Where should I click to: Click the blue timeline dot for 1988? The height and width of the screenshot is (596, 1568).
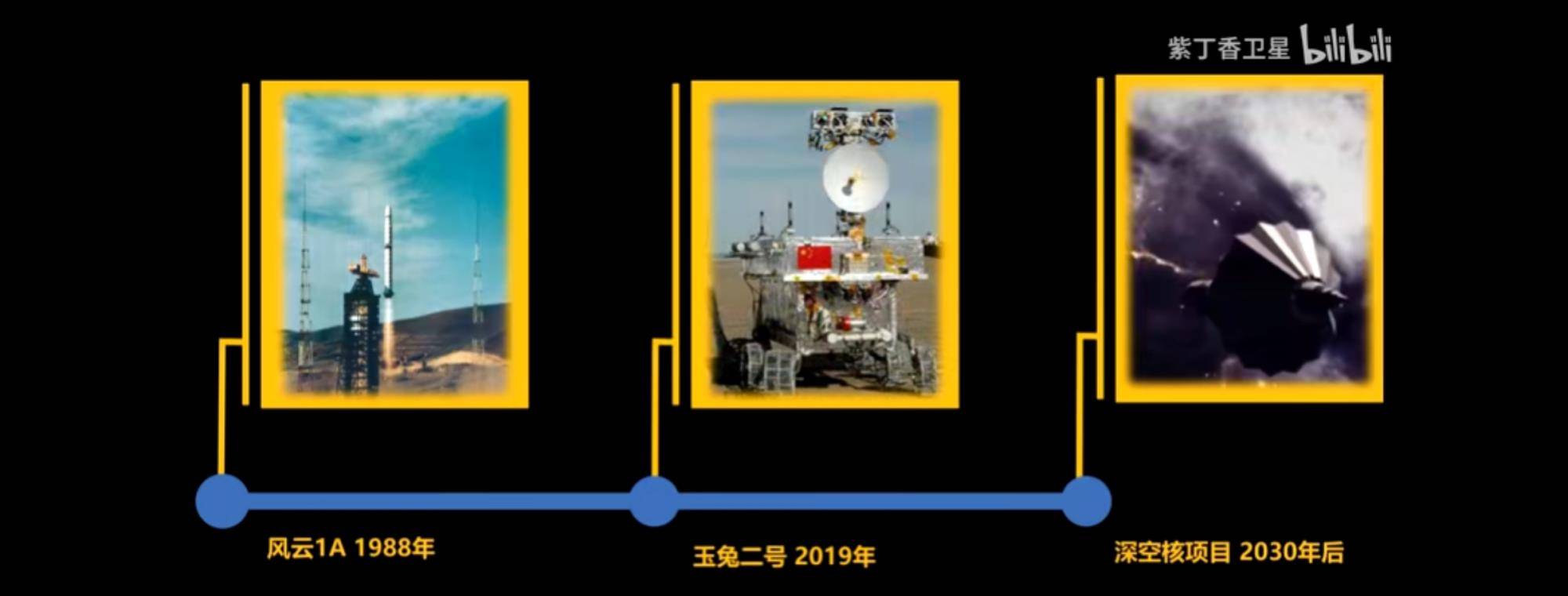coord(223,501)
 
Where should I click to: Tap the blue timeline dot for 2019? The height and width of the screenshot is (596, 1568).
coord(654,501)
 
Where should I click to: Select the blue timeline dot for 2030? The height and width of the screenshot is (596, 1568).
coord(1086,501)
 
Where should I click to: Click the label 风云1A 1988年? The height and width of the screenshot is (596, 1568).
coord(350,547)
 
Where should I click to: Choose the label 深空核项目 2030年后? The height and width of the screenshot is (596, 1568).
coord(1229,552)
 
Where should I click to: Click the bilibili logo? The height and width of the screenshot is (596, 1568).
coord(1346,45)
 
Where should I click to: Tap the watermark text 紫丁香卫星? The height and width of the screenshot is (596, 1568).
coord(1229,49)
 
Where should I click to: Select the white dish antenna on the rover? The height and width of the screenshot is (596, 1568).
coord(855,179)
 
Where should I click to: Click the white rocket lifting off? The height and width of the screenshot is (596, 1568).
coord(387,251)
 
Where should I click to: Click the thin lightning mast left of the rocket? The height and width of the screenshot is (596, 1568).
coord(305,274)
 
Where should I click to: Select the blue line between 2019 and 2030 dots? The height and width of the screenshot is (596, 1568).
coord(870,501)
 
